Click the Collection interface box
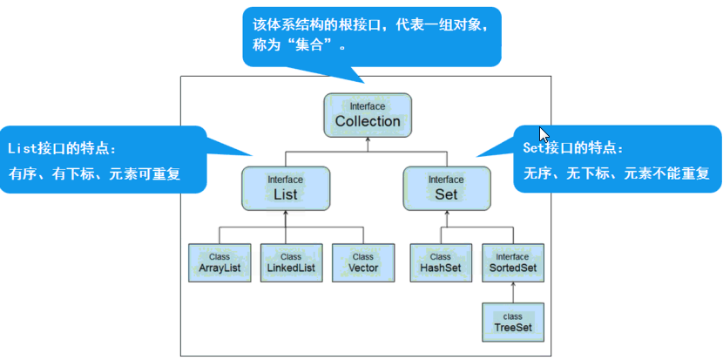(x=368, y=115)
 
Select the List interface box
(x=285, y=187)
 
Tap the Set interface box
(x=446, y=187)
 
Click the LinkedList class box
(x=291, y=262)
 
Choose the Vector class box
(x=362, y=262)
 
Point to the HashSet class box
(x=440, y=262)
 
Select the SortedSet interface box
(x=512, y=262)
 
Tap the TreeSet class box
(x=512, y=322)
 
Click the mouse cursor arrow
(x=544, y=135)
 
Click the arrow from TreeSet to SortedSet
(x=512, y=292)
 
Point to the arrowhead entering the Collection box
(x=368, y=140)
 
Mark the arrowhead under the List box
(x=286, y=214)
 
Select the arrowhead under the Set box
(x=446, y=214)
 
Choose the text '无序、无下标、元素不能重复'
(x=617, y=173)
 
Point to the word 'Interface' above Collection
(x=368, y=106)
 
